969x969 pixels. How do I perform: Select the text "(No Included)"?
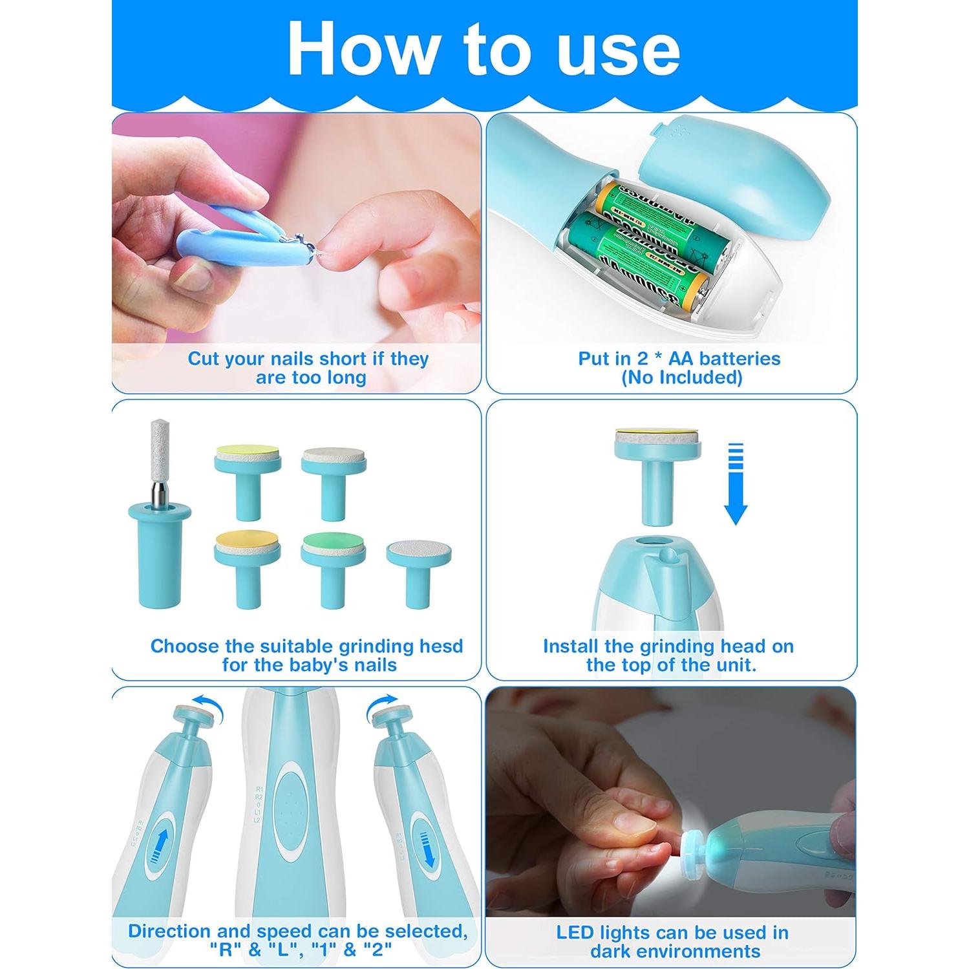point(681,378)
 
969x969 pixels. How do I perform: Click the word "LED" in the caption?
point(575,932)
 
